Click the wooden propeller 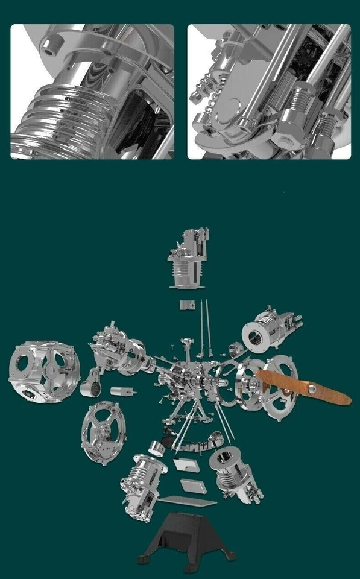click(x=305, y=388)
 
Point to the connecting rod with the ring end click(x=93, y=385)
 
